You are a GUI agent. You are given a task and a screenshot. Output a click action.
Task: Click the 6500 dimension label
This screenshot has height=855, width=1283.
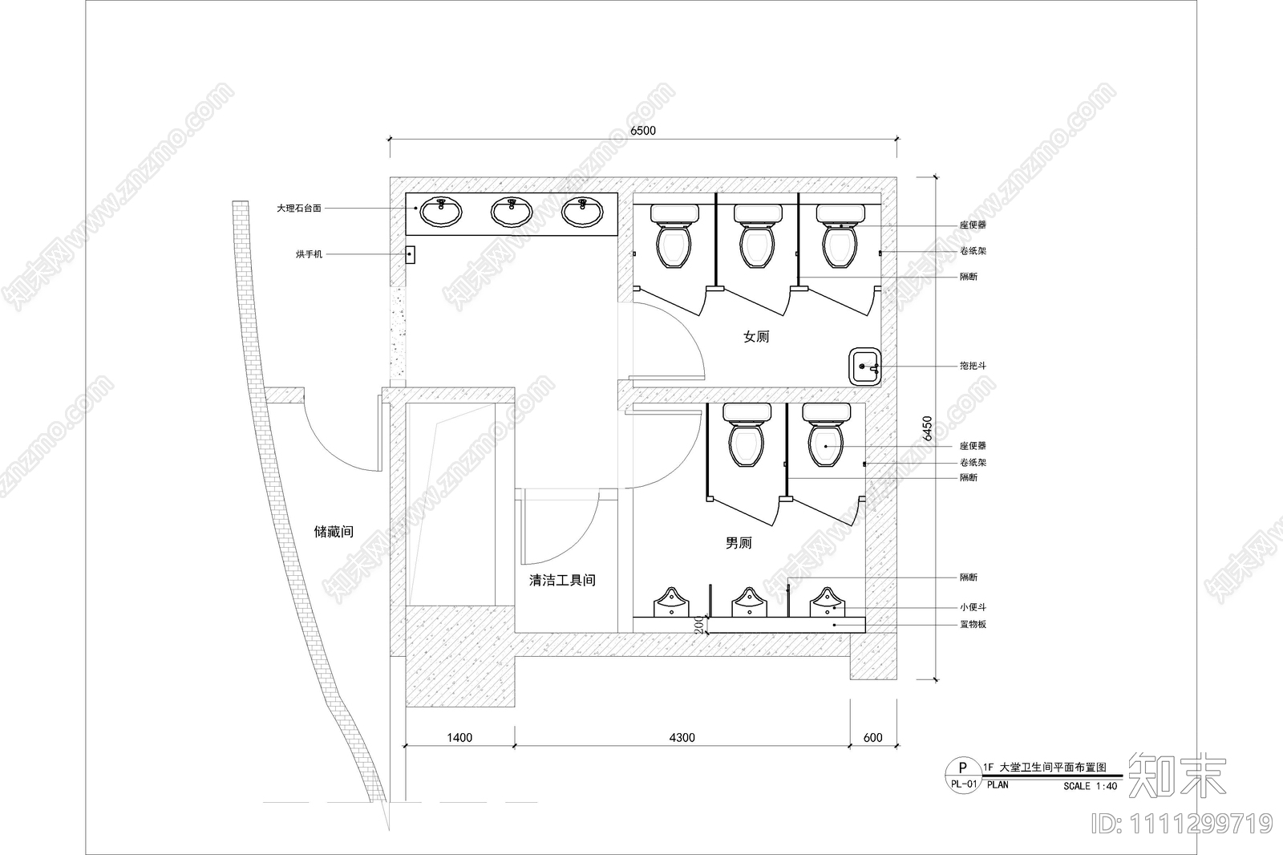click(642, 131)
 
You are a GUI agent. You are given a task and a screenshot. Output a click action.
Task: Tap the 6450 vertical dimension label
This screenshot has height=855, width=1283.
click(927, 428)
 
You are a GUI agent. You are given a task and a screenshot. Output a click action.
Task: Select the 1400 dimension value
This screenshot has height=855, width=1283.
click(459, 738)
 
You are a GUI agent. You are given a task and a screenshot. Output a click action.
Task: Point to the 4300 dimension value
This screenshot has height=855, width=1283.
click(682, 738)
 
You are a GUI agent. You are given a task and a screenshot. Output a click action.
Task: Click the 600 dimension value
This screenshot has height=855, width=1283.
click(872, 738)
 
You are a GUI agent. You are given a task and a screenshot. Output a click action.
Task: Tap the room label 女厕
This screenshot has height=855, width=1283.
click(755, 336)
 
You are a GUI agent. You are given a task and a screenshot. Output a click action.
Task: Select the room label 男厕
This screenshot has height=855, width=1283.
click(739, 543)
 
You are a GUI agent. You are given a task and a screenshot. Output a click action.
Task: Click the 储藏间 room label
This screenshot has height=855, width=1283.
click(334, 532)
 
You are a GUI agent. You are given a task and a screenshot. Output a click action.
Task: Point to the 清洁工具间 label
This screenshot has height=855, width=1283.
click(562, 580)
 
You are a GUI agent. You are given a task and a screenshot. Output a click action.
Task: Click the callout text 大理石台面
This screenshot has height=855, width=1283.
click(299, 208)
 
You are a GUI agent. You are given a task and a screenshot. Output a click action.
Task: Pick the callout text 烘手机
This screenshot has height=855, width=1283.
click(309, 254)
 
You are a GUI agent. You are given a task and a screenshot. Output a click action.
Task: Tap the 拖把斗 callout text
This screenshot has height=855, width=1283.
click(973, 366)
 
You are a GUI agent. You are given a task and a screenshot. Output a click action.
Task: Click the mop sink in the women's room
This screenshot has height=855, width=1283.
click(864, 367)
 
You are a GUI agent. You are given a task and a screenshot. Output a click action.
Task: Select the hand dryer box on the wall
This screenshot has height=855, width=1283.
click(410, 255)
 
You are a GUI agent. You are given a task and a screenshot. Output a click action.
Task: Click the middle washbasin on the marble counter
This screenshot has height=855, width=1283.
click(512, 212)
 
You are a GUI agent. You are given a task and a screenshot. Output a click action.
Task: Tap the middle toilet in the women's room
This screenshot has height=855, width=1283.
click(757, 236)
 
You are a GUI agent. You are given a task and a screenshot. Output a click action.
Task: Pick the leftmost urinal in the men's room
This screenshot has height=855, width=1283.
click(670, 602)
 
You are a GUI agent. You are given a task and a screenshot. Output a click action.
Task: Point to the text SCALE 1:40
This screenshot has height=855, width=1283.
click(1090, 786)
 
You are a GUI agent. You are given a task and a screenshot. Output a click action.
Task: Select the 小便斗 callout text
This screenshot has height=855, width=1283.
click(973, 607)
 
